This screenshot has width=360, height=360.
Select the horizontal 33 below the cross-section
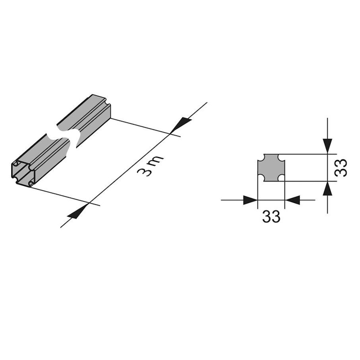pos(271,216)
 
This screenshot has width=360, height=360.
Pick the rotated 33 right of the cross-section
pos(341,167)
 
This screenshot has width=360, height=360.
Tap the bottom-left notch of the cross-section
pos(261,178)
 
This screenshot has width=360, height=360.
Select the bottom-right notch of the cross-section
pos(282,178)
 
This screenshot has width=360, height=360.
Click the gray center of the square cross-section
pos(271,167)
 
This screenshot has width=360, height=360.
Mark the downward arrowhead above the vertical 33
pos(328,146)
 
